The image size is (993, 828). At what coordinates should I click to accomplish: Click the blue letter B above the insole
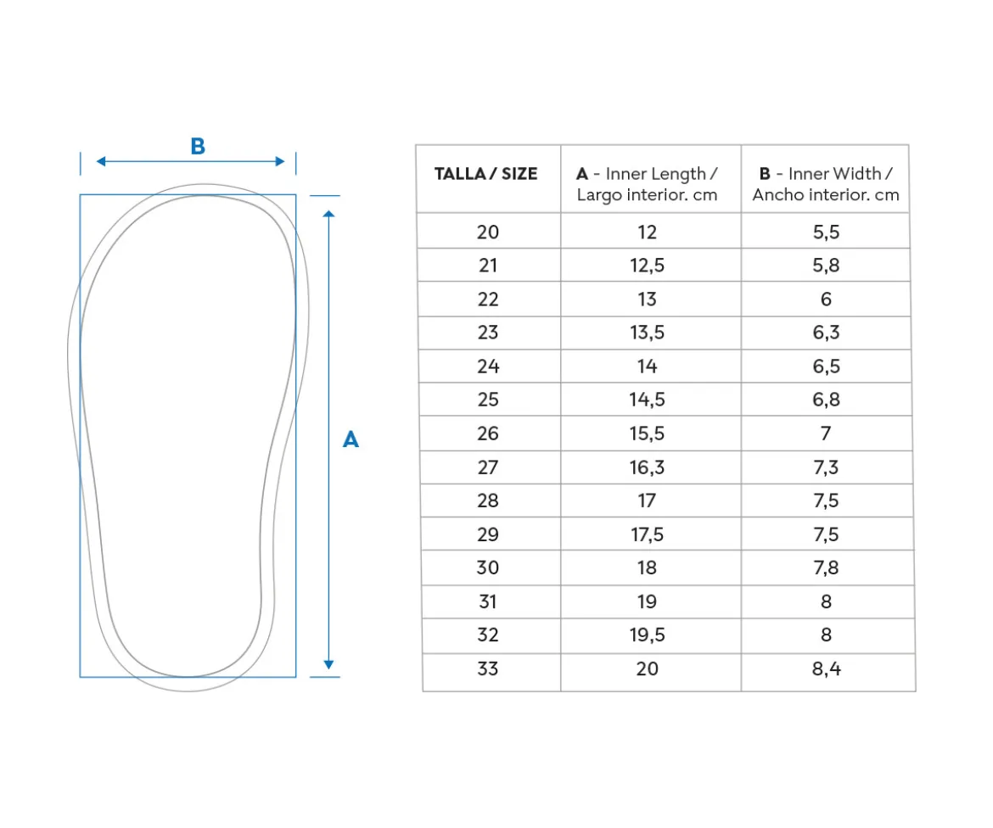click(198, 146)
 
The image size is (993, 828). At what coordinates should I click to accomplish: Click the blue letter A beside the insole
click(351, 439)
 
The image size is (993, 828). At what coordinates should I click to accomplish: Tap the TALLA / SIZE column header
click(485, 173)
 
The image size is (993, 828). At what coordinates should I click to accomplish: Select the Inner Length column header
click(647, 183)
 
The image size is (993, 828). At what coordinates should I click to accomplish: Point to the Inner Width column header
click(826, 183)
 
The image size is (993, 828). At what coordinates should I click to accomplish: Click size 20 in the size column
click(488, 232)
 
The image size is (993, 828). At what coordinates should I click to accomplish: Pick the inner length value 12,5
click(647, 266)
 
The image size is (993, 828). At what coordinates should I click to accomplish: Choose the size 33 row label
click(488, 669)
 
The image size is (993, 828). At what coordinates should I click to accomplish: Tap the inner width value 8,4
click(827, 669)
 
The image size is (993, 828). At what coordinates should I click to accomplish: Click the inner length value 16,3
click(647, 467)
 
